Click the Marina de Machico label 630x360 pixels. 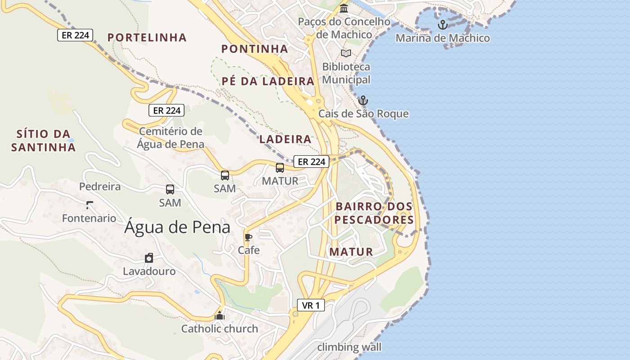(442, 38)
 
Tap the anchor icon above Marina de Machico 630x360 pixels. (442, 24)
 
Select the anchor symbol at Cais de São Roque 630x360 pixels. (363, 100)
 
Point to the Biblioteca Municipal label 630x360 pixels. (346, 73)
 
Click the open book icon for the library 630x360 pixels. (346, 54)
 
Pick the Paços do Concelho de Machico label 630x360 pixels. (344, 28)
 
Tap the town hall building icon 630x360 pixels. (344, 8)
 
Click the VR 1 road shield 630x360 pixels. (311, 305)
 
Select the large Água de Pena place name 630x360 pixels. (177, 227)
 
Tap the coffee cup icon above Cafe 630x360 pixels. (248, 237)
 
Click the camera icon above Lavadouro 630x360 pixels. (149, 258)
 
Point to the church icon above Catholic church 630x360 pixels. (220, 315)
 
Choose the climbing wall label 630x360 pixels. (349, 347)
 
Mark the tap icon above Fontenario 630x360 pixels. (89, 205)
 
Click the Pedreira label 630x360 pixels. (100, 186)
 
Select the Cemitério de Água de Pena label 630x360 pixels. (171, 138)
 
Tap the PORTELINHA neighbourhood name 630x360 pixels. (147, 37)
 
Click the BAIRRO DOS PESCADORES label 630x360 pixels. (374, 213)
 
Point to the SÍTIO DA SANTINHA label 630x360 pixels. (43, 140)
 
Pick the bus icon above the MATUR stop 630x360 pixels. (280, 168)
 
